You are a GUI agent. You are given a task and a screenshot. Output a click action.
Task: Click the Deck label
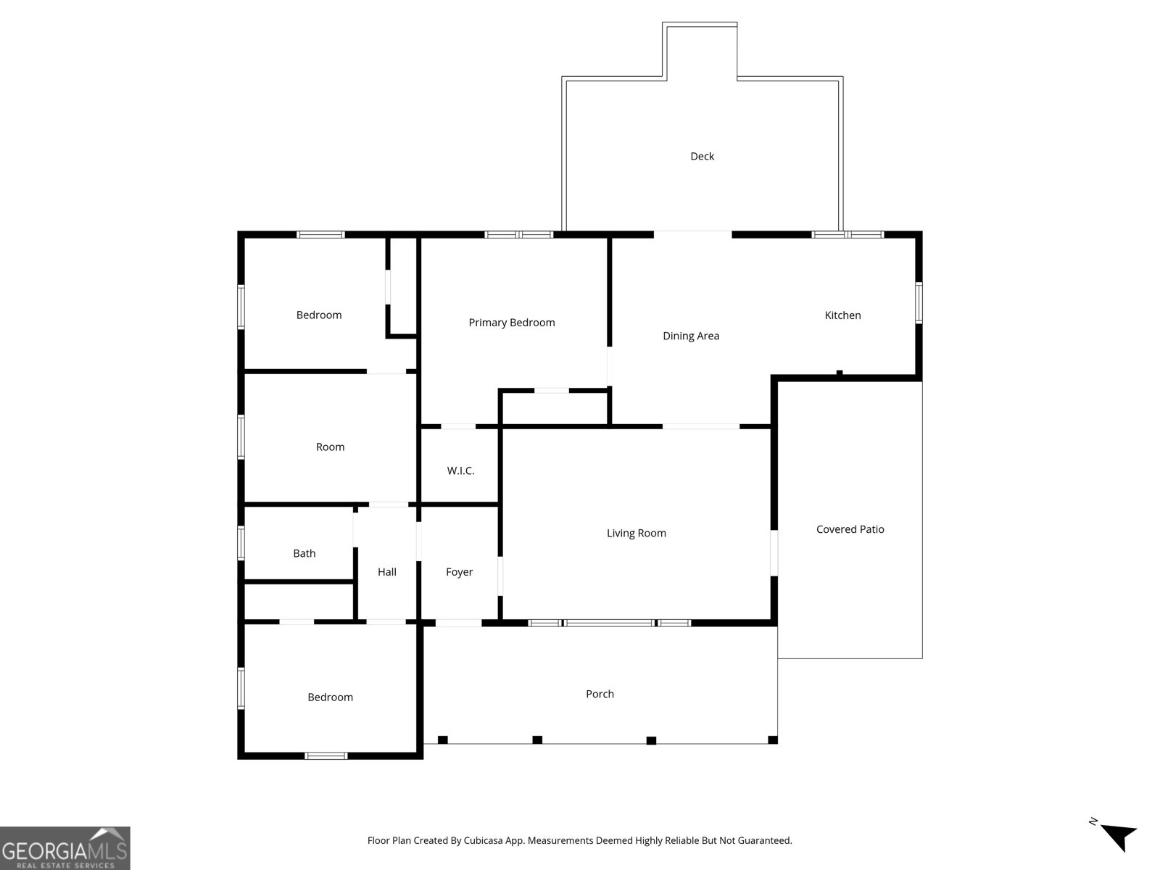[x=702, y=157]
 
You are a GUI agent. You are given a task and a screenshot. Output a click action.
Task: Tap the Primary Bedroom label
[x=511, y=323]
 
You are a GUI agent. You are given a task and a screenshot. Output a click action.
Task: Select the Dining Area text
[x=691, y=336]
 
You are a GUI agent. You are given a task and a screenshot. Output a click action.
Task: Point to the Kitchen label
[x=842, y=315]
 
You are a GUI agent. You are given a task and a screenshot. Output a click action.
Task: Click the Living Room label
[x=636, y=534]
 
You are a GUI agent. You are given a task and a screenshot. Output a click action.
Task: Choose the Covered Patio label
[x=850, y=529]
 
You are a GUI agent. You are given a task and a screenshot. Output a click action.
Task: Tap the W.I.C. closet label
[x=460, y=471]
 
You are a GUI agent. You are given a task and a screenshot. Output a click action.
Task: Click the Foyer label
[x=459, y=572]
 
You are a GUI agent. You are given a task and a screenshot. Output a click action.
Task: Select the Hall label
[x=386, y=572]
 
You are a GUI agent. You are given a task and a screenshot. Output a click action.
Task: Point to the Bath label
[x=304, y=553]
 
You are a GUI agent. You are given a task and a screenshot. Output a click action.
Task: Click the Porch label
[x=600, y=694]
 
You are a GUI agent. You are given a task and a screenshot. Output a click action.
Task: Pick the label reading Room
[x=330, y=447]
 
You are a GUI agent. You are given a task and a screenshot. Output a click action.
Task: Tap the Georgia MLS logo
[x=65, y=848]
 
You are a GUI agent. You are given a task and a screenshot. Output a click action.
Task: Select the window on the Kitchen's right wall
[x=919, y=302]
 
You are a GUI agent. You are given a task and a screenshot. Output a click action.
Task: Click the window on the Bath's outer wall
[x=241, y=542]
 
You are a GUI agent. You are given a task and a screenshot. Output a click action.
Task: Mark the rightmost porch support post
[x=772, y=739]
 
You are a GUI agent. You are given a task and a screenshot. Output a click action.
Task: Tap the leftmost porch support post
[x=442, y=739]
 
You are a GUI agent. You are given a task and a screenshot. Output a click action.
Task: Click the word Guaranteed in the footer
[x=764, y=841]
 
